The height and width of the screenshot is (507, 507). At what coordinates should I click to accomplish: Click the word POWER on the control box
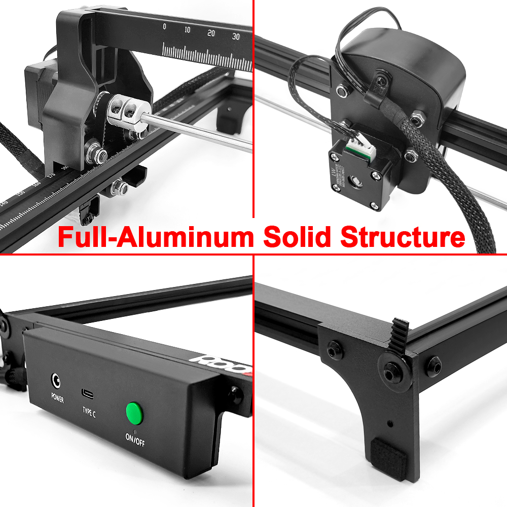point(57,399)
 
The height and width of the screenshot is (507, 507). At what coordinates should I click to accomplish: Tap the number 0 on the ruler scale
point(164,26)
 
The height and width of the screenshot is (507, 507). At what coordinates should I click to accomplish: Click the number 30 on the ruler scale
point(236,37)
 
